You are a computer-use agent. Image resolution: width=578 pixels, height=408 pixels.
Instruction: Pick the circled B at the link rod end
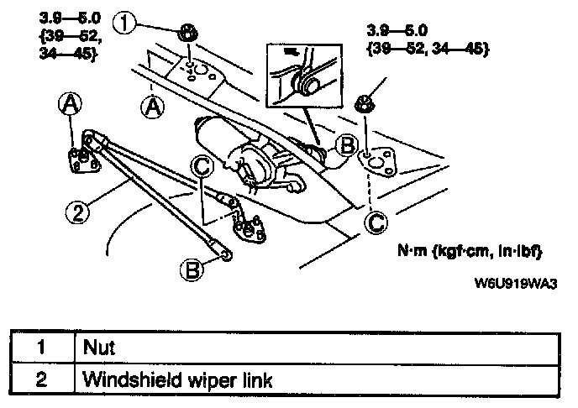pyautogui.click(x=192, y=269)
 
